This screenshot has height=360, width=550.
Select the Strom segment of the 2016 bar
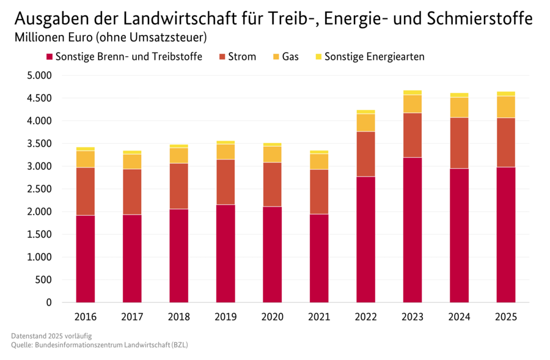coord(85,191)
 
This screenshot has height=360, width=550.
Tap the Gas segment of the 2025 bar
coord(505,107)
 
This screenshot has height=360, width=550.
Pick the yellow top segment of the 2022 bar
coord(365,112)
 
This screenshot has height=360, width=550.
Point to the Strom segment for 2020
coord(272,184)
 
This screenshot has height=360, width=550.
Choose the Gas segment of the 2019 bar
coord(225,152)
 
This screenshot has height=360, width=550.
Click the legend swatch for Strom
coord(222,57)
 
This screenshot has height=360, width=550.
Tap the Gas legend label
coord(290,57)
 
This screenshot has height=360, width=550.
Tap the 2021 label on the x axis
coord(318,317)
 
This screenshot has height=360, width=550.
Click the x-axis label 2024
coord(459,317)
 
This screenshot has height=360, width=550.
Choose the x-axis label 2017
coord(132,317)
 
